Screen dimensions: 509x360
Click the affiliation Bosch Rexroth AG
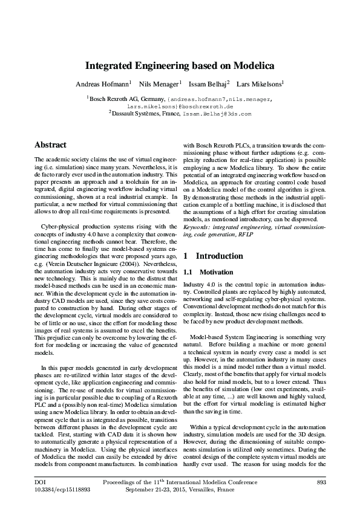(x=116, y=98)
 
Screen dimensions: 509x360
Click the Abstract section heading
(x=51, y=145)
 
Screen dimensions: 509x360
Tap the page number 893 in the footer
(x=322, y=482)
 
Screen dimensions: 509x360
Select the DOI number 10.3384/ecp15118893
(x=59, y=490)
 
